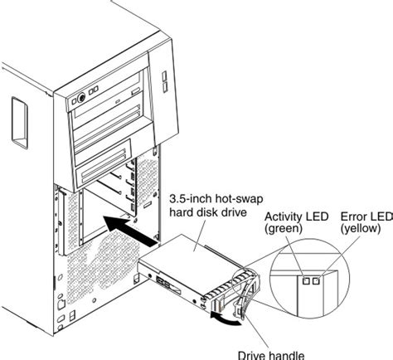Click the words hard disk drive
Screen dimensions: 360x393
click(x=209, y=212)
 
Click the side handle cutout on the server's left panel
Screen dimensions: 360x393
click(x=17, y=114)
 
